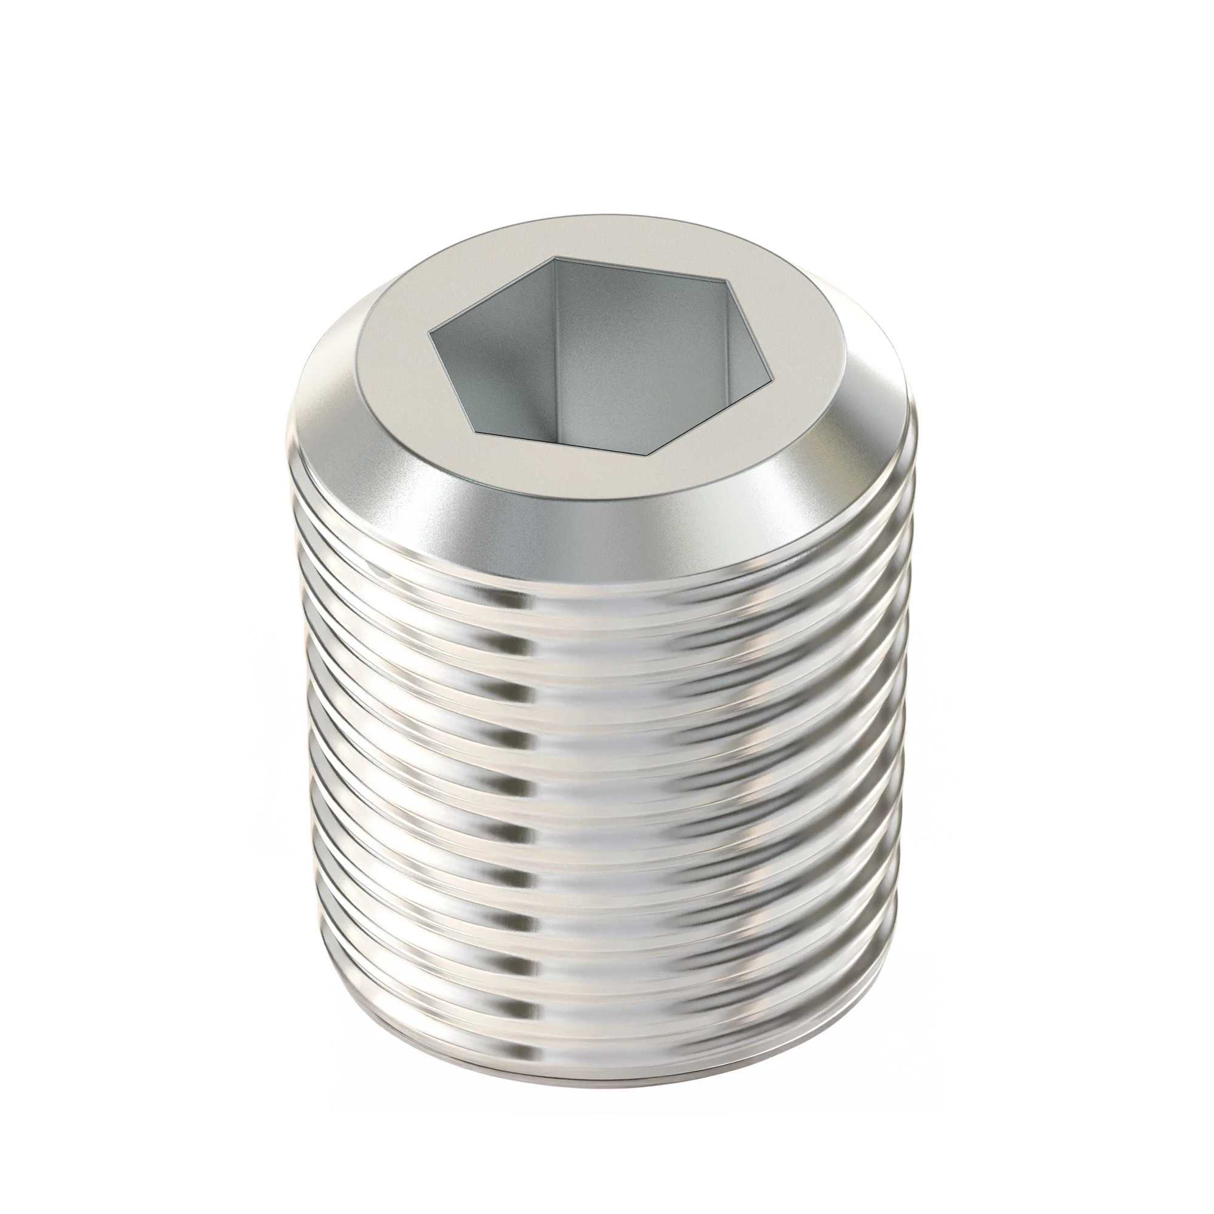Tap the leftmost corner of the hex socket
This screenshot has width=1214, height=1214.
429,344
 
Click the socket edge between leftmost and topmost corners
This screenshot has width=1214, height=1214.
490,300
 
